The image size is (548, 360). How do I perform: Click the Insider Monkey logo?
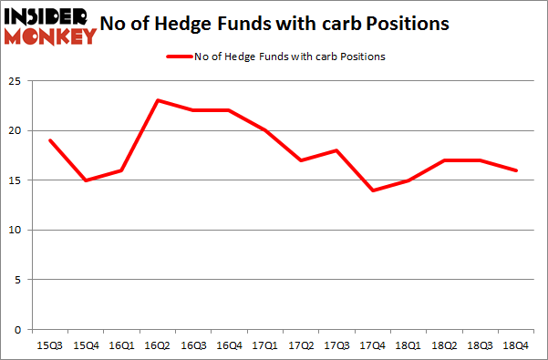pyautogui.click(x=49, y=25)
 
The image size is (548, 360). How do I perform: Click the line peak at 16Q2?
pyautogui.click(x=158, y=100)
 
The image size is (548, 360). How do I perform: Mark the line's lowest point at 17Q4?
pyautogui.click(x=373, y=190)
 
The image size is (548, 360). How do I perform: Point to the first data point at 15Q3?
pyautogui.click(x=50, y=140)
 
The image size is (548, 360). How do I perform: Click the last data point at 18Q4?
pyautogui.click(x=516, y=170)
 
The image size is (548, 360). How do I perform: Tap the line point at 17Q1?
pyautogui.click(x=265, y=130)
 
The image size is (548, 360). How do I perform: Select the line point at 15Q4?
pyautogui.click(x=86, y=180)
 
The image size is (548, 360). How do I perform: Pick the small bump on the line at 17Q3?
pyautogui.click(x=336, y=150)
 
